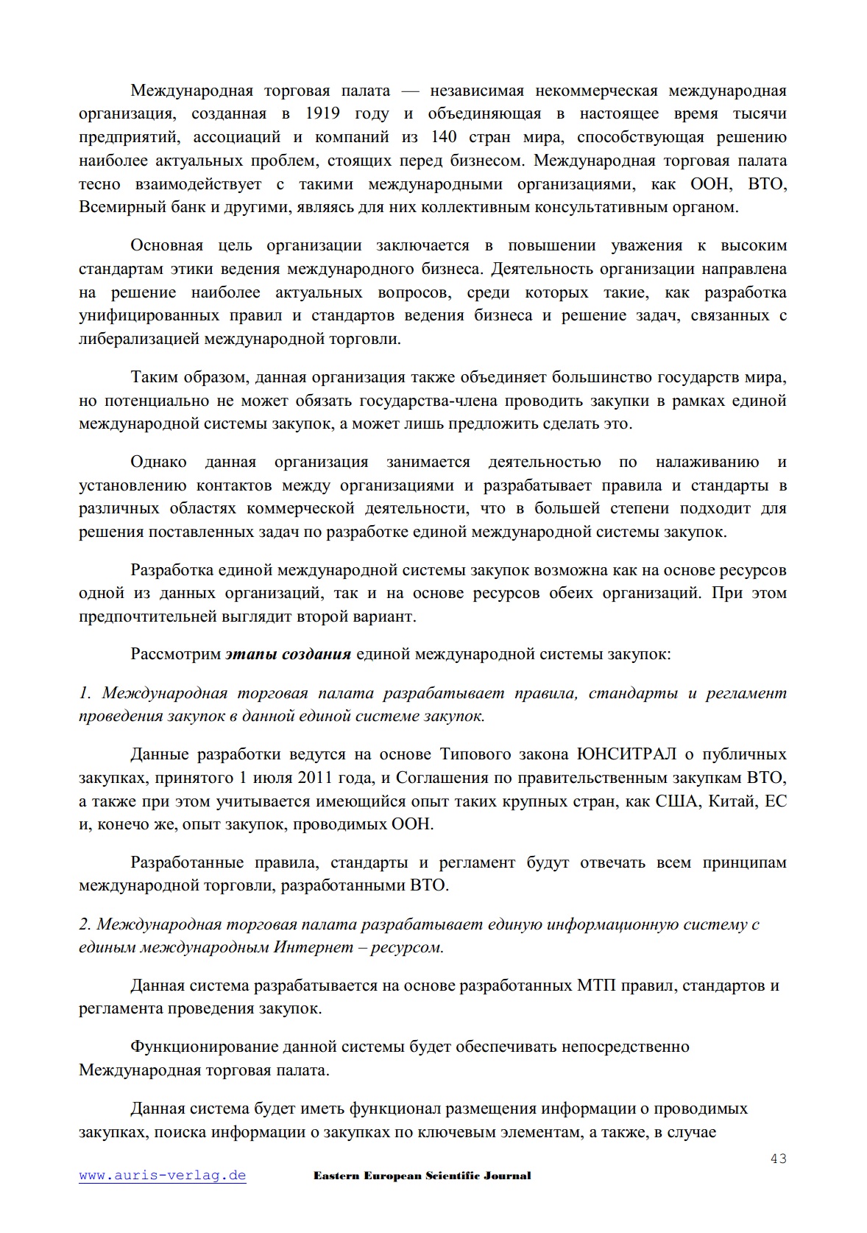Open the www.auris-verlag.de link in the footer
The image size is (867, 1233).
[163, 1175]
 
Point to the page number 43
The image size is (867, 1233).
[779, 1159]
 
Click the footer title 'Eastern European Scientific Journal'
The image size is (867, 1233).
[422, 1176]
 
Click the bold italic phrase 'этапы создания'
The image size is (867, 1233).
[289, 654]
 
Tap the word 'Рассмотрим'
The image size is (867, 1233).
[175, 654]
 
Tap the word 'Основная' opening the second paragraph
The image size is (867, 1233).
[166, 245]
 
